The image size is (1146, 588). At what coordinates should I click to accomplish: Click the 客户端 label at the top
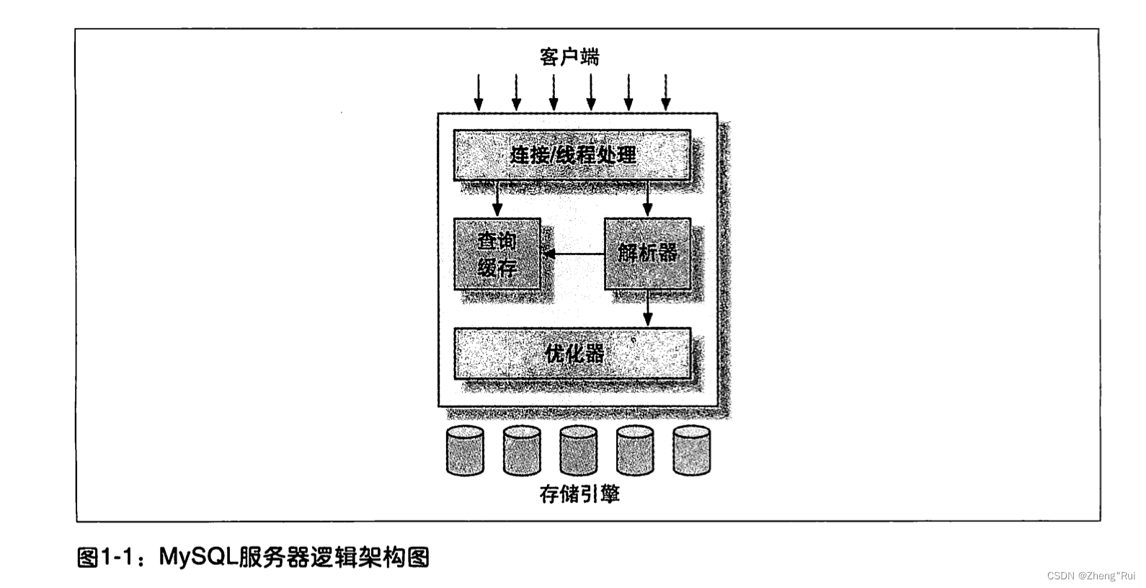pos(569,57)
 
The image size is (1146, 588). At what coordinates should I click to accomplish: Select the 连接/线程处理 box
pos(572,155)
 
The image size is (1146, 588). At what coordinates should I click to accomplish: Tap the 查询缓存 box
pos(497,254)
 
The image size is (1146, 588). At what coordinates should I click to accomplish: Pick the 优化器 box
pos(572,354)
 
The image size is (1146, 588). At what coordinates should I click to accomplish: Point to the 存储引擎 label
pos(579,494)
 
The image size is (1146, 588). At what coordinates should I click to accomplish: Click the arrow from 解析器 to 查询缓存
pos(573,254)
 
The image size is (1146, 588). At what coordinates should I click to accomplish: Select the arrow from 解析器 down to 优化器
pos(647,308)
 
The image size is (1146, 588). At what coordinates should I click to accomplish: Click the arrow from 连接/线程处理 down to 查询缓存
pos(497,199)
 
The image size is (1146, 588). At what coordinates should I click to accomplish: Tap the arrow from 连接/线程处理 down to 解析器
pos(647,199)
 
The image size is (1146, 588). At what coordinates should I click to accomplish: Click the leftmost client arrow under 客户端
pos(478,93)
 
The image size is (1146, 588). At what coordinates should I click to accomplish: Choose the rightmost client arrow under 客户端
pos(666,93)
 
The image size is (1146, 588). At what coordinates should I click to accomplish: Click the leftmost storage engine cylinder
pos(465,451)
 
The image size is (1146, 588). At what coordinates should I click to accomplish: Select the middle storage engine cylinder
pos(578,451)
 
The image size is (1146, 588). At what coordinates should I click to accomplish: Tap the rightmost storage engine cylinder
pos(691,451)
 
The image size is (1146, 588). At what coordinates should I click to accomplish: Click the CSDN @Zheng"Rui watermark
pos(1091,576)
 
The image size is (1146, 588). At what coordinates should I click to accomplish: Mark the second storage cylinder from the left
pos(522,451)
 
